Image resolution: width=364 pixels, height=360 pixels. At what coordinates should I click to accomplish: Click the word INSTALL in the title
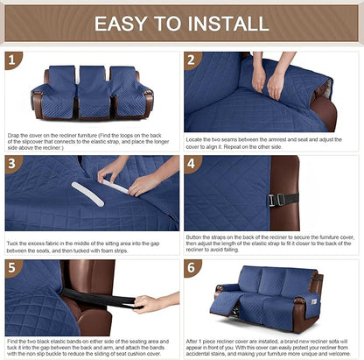231,24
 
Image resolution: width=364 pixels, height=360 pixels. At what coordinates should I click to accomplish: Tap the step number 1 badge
12,60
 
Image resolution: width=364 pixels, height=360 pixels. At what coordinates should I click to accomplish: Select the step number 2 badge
192,60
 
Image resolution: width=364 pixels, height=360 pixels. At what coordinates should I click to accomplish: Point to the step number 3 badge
12,164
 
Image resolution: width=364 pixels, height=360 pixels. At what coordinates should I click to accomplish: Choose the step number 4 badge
192,164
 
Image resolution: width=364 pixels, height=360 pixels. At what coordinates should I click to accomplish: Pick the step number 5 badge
12,268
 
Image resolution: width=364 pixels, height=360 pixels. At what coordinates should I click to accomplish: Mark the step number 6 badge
192,268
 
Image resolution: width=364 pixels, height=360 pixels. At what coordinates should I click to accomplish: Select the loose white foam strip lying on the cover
87,194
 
